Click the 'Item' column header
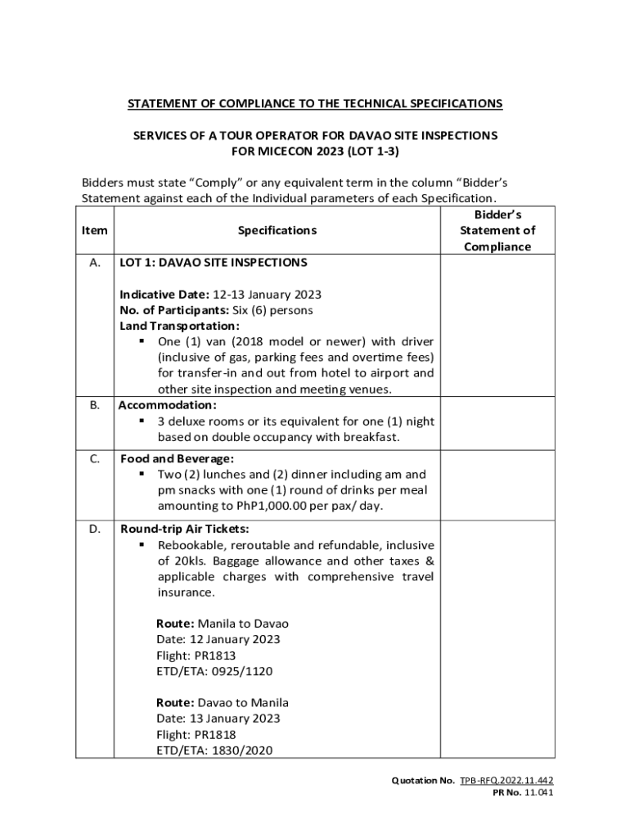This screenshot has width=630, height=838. [95, 231]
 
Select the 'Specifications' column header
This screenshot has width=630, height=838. [277, 231]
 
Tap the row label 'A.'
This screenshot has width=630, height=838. [95, 263]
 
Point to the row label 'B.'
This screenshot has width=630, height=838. [95, 405]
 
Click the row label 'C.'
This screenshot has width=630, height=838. [95, 459]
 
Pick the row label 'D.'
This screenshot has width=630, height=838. [95, 529]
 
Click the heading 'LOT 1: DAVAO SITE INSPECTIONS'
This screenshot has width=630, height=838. [214, 263]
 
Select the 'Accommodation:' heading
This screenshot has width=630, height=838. [168, 405]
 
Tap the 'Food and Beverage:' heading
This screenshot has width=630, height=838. [177, 459]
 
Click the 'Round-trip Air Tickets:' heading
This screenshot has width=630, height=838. [185, 529]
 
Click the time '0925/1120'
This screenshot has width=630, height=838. [243, 672]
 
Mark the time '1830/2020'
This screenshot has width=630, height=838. [243, 750]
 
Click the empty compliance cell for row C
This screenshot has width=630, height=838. [497, 483]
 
